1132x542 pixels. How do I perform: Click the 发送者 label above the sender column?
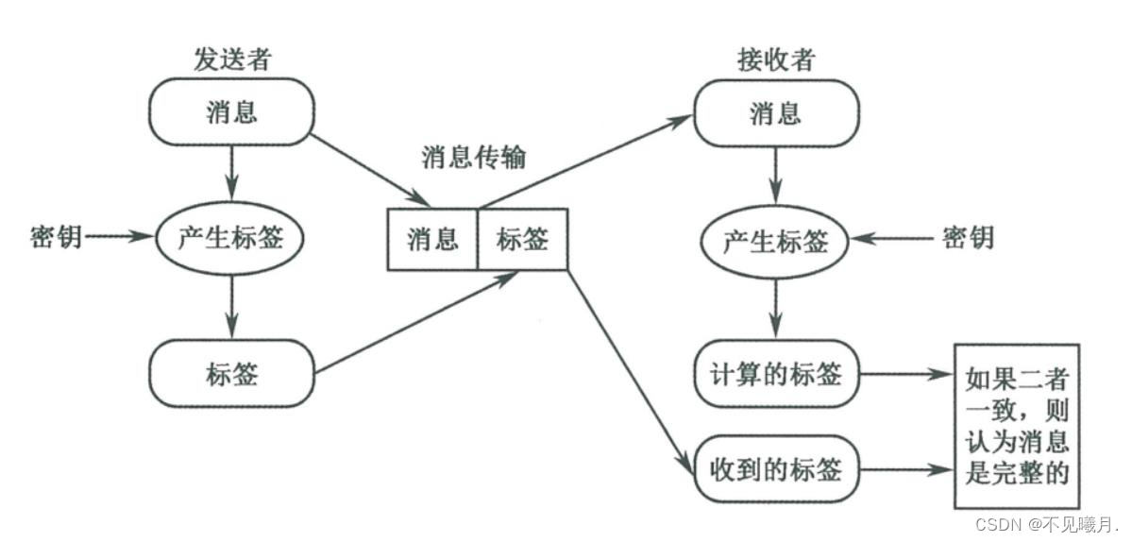(231, 59)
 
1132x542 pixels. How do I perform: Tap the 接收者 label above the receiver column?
(776, 59)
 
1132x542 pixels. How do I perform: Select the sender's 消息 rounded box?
(231, 112)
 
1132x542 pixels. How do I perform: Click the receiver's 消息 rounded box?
(776, 113)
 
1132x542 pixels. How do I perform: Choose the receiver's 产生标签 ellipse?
(776, 242)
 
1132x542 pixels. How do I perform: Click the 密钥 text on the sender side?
(56, 237)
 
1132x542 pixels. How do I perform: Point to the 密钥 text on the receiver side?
(968, 237)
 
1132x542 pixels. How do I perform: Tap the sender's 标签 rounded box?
(231, 374)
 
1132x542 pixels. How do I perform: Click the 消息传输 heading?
(472, 157)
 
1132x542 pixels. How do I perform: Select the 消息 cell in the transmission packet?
(432, 239)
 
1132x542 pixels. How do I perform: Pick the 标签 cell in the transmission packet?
(522, 239)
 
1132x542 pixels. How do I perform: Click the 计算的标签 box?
(776, 374)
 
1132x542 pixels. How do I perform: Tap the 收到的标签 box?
(776, 467)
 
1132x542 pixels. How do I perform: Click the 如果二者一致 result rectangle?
(1017, 426)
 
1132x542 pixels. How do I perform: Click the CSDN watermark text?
(1046, 524)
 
